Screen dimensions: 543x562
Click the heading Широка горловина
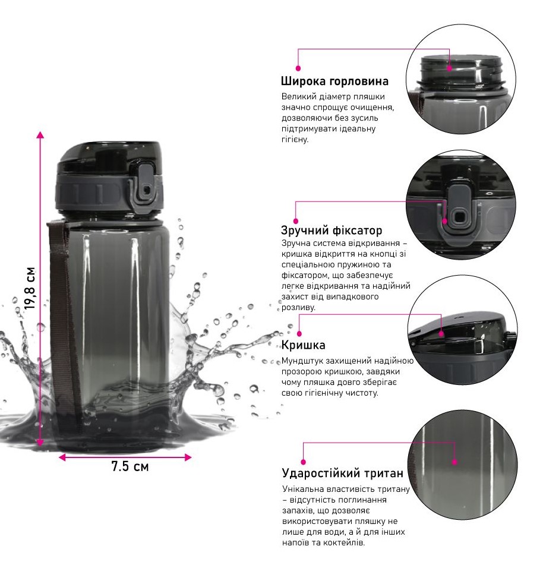pyautogui.click(x=334, y=81)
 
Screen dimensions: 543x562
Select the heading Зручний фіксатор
pyautogui.click(x=332, y=230)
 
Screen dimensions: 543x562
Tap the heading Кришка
pyautogui.click(x=303, y=345)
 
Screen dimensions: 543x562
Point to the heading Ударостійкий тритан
pyautogui.click(x=343, y=473)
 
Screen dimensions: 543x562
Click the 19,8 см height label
pyautogui.click(x=30, y=288)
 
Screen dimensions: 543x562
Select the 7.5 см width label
pyautogui.click(x=130, y=466)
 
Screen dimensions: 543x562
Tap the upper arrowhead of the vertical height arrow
pyautogui.click(x=40, y=134)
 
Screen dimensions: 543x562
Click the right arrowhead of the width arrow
pyautogui.click(x=188, y=457)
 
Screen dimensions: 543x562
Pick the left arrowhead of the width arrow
pyautogui.click(x=62, y=457)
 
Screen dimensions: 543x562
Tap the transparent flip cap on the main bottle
pyautogui.click(x=109, y=157)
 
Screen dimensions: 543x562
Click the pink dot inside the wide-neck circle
pyautogui.click(x=450, y=68)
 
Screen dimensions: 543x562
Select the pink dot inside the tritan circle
pyautogui.click(x=454, y=462)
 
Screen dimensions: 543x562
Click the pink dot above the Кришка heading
pyautogui.click(x=299, y=334)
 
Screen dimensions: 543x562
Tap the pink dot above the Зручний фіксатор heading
pyautogui.click(x=296, y=221)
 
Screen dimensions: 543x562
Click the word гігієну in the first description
pyautogui.click(x=295, y=140)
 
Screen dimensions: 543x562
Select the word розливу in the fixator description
pyautogui.click(x=298, y=308)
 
